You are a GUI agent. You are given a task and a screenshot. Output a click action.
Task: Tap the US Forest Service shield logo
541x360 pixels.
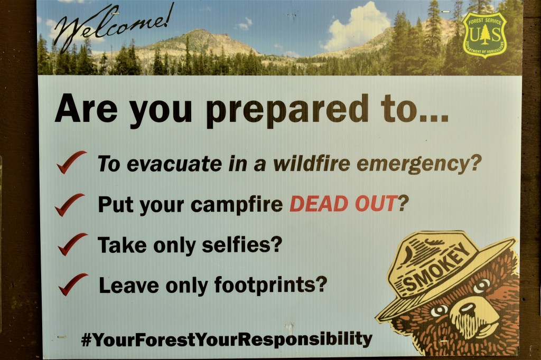[485, 35]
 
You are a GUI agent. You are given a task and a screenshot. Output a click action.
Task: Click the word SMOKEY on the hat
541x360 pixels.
[437, 268]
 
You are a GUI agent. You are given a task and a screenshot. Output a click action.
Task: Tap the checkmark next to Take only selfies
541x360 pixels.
[72, 244]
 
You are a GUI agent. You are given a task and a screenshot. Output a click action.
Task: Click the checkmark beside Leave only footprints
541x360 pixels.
[72, 285]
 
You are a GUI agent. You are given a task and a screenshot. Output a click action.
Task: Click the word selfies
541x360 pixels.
[242, 244]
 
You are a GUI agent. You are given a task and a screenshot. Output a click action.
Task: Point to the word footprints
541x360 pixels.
[270, 285]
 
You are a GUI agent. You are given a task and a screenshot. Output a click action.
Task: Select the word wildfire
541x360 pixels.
[312, 164]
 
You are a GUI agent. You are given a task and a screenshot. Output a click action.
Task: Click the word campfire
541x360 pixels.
[237, 204]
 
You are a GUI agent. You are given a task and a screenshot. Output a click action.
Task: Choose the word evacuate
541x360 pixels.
[174, 164]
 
